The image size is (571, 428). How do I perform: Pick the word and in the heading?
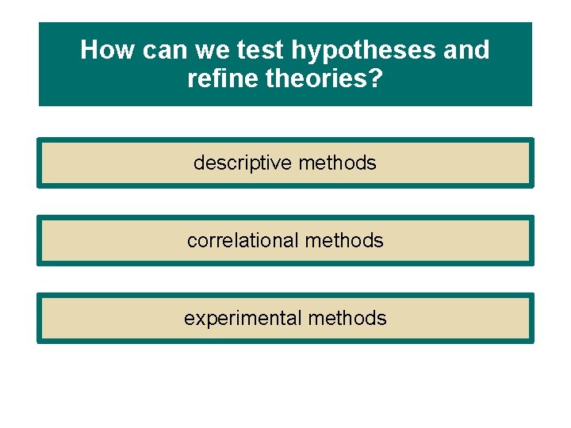pos(466,51)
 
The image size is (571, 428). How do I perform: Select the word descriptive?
pos(243,163)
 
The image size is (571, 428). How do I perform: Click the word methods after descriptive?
pos(338,163)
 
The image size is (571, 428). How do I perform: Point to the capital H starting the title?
pos(88,51)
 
